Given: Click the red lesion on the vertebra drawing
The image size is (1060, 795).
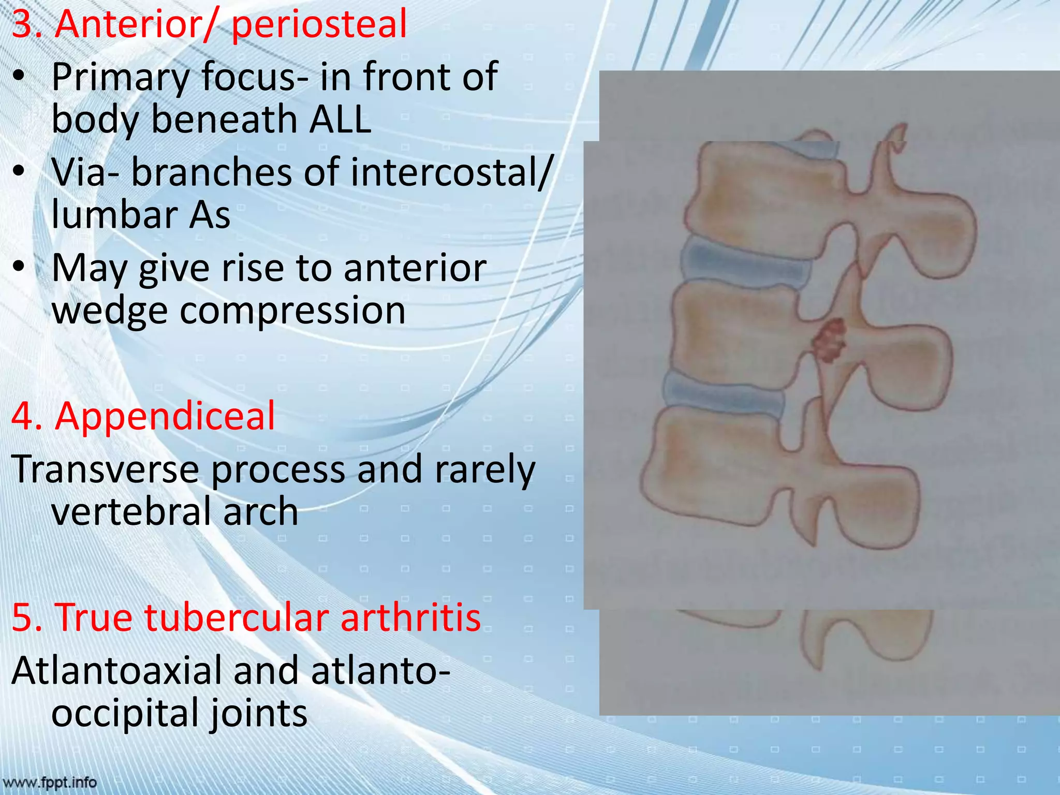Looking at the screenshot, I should click(829, 341).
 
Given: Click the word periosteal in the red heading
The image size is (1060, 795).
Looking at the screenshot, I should click(319, 25).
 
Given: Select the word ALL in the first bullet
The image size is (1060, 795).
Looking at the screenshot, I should click(340, 119).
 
